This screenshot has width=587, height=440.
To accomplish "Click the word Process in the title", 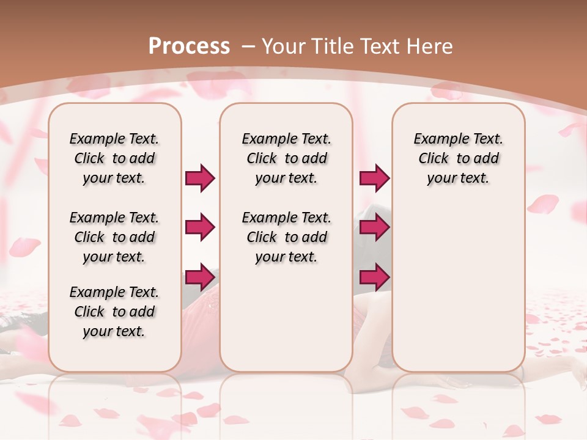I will [x=189, y=46].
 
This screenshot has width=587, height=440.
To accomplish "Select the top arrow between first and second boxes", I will [x=200, y=178].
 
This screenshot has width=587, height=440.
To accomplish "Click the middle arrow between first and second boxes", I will [x=200, y=227].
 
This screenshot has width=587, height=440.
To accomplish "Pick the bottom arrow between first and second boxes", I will [x=200, y=277].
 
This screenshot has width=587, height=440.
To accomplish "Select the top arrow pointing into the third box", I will [x=374, y=178].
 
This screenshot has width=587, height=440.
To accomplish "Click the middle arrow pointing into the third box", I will [x=374, y=227].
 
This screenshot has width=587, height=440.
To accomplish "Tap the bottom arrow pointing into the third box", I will [x=374, y=277].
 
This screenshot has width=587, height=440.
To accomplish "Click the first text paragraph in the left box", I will [x=114, y=158].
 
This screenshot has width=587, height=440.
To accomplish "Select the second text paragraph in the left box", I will [x=114, y=237].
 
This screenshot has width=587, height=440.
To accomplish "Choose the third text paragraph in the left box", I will [x=114, y=312].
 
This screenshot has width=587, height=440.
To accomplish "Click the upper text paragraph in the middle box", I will [x=286, y=158].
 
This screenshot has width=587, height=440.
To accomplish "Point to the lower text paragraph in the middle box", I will [x=286, y=237].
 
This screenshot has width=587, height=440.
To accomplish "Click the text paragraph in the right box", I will [x=459, y=158].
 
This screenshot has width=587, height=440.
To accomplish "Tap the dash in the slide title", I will [x=248, y=46].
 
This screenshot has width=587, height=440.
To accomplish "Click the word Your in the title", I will [x=283, y=46].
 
